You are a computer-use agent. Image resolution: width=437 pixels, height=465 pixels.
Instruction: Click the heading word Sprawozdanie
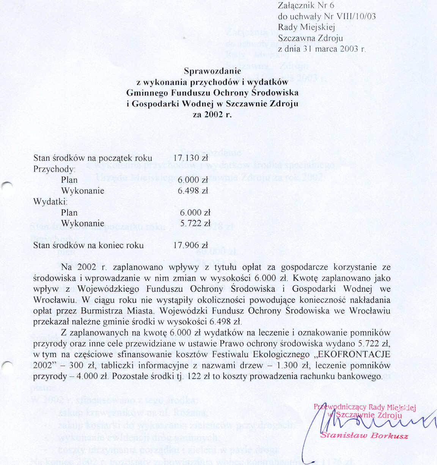[212, 71]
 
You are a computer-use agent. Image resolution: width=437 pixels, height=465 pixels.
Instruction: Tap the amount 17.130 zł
[191, 158]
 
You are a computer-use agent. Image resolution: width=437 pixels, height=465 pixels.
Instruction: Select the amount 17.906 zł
[191, 245]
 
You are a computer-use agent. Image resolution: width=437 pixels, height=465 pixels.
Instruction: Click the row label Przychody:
[54, 169]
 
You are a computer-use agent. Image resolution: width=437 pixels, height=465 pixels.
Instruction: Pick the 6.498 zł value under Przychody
[193, 191]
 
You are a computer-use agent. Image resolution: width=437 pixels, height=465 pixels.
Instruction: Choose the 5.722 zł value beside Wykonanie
[195, 223]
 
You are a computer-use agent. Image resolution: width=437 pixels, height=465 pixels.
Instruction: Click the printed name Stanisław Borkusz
[364, 435]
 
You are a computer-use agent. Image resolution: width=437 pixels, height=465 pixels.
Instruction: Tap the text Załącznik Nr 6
[306, 6]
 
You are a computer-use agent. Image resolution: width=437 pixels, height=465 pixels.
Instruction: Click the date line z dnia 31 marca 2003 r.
[322, 49]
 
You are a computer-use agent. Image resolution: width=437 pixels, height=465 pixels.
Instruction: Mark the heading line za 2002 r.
[212, 115]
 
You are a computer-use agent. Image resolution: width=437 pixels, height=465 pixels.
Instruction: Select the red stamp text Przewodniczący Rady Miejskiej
[365, 407]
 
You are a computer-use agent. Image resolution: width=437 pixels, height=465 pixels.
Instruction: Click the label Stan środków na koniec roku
[88, 245]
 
